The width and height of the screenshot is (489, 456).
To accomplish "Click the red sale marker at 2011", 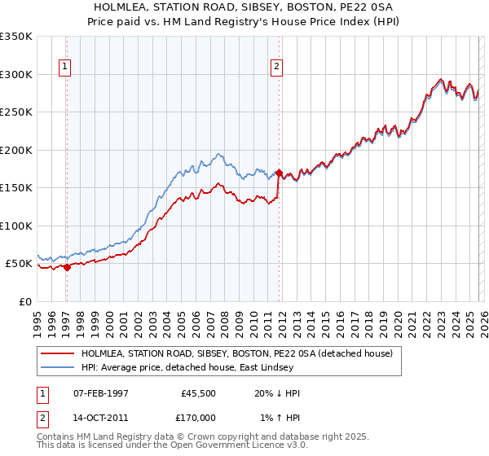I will coord(279,173).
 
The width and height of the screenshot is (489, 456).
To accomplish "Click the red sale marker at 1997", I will coord(67,267).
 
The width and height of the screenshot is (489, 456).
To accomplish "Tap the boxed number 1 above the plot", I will coord(64,67).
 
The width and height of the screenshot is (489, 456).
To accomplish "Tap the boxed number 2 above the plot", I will coord(277,67).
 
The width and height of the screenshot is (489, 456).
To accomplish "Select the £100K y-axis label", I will coord(16,226).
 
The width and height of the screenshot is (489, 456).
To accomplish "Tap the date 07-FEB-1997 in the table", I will coord(101,393).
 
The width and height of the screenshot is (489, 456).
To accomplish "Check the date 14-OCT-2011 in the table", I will coord(101,418).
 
